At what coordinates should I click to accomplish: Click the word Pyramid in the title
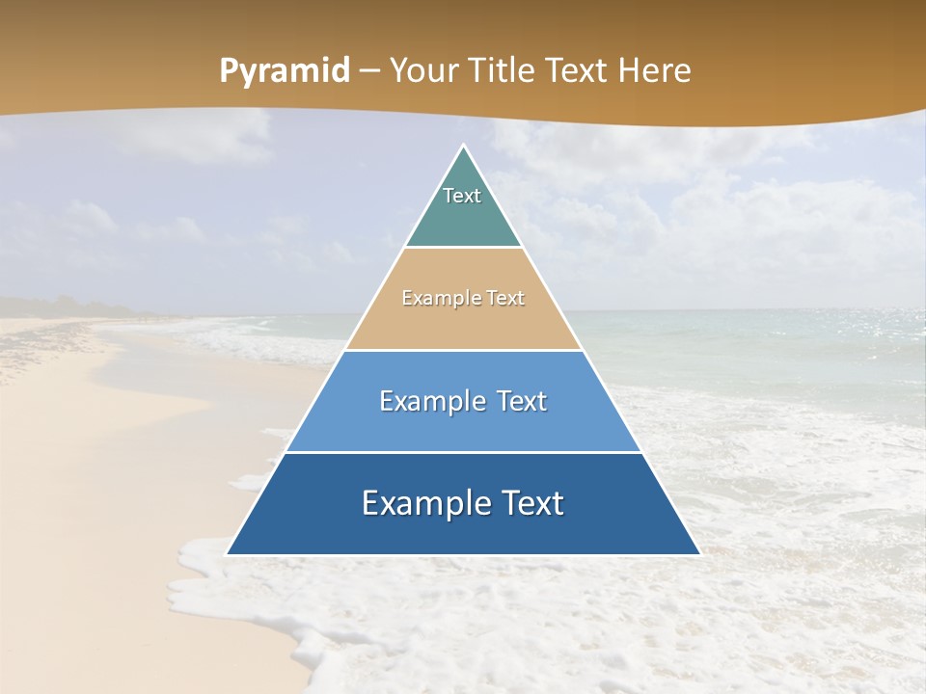point(284,71)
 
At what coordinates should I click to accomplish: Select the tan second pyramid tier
point(463,323)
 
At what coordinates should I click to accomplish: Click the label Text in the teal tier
point(462,196)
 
